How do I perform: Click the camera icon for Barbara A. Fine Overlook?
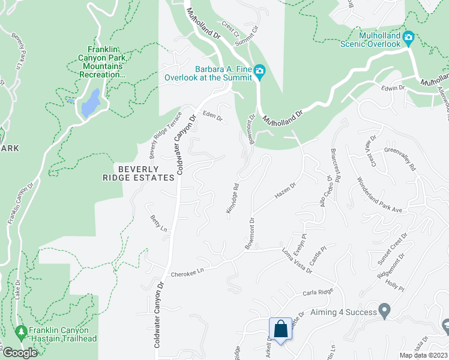click(259, 72)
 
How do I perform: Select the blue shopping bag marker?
click(280, 329)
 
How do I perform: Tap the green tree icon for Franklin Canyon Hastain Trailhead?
click(22, 331)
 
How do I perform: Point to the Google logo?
click(20, 353)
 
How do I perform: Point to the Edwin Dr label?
click(393, 88)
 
